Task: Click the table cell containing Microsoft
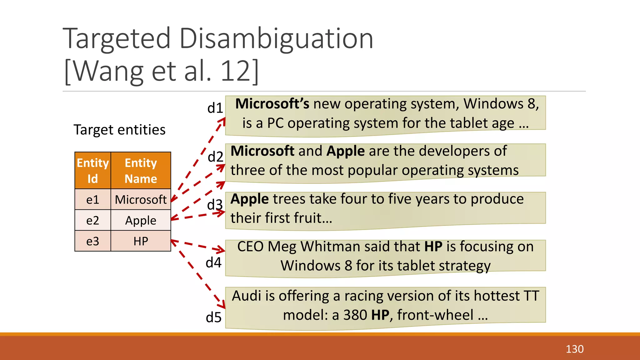pyautogui.click(x=141, y=199)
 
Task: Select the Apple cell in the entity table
pyautogui.click(x=141, y=220)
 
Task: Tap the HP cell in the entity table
pyautogui.click(x=141, y=241)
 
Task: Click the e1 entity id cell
pyautogui.click(x=93, y=199)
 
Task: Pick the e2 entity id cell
pyautogui.click(x=93, y=220)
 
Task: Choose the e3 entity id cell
pyautogui.click(x=93, y=241)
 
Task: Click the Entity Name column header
pyautogui.click(x=141, y=171)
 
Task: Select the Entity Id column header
pyautogui.click(x=93, y=171)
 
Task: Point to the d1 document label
pyautogui.click(x=215, y=108)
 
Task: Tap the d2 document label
pyautogui.click(x=215, y=157)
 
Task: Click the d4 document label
pyautogui.click(x=213, y=262)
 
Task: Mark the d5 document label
pyautogui.click(x=213, y=317)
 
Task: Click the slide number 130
pyautogui.click(x=574, y=349)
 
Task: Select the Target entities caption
pyautogui.click(x=119, y=130)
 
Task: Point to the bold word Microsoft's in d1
pyautogui.click(x=272, y=104)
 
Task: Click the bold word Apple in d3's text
pyautogui.click(x=249, y=199)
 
